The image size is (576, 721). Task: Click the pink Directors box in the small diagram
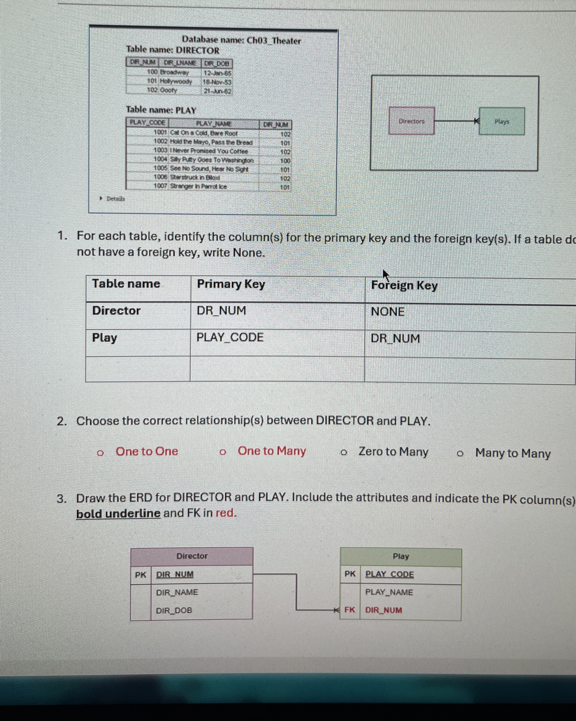(x=412, y=121)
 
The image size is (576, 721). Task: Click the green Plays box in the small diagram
(x=501, y=121)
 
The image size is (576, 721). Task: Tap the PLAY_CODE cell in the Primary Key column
(x=230, y=337)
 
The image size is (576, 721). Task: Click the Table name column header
(x=126, y=284)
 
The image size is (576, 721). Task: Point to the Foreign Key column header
(x=404, y=285)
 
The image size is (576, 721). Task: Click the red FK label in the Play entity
(x=349, y=610)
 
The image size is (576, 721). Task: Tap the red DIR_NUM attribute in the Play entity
(x=383, y=610)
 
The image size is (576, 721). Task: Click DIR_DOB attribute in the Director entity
(x=174, y=610)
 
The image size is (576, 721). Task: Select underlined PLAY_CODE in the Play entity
(x=389, y=574)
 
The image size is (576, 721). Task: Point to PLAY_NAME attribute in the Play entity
(x=389, y=592)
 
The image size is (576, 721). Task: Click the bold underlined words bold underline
(x=119, y=513)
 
